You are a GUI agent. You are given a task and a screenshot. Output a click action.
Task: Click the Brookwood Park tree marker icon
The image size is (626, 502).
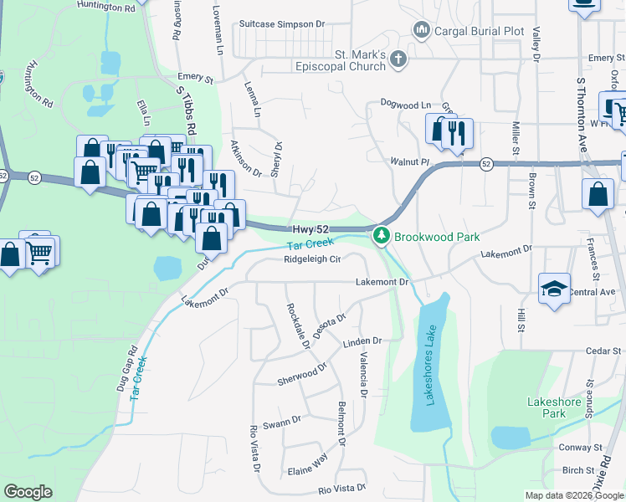pyautogui.click(x=382, y=236)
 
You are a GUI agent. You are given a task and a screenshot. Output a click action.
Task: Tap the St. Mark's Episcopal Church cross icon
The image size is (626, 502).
pyautogui.click(x=398, y=59)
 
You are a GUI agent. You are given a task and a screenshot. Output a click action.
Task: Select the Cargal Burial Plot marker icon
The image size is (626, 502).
pyautogui.click(x=421, y=32)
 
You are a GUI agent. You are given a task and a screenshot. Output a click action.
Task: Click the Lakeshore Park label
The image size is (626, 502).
pyautogui.click(x=554, y=407)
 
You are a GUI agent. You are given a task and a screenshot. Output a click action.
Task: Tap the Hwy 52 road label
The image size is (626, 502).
pyautogui.click(x=311, y=229)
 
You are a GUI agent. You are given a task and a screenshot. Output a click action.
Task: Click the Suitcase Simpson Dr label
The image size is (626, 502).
pyautogui.click(x=280, y=25)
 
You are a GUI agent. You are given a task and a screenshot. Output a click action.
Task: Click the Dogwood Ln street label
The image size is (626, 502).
pyautogui.click(x=405, y=105)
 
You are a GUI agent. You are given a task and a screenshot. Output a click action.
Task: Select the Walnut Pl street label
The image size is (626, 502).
pyautogui.click(x=409, y=159)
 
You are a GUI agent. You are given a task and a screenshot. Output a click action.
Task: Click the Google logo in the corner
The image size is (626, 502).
pyautogui.click(x=28, y=492)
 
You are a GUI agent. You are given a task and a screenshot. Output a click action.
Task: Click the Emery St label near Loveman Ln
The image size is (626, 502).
pyautogui.click(x=196, y=79)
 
